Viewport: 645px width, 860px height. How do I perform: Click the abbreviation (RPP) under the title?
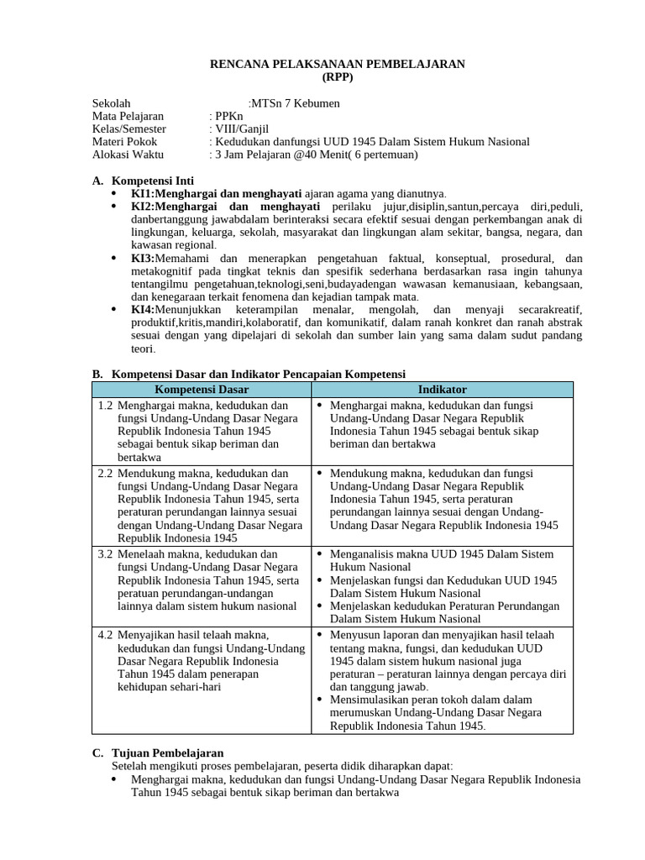tap(338, 76)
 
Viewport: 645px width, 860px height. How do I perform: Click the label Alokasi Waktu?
tap(128, 155)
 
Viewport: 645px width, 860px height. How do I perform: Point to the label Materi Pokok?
tap(125, 142)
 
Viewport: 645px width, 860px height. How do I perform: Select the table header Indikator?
tap(442, 390)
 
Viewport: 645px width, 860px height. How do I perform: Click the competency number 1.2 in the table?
tap(105, 406)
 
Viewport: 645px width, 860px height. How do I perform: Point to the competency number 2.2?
tap(105, 474)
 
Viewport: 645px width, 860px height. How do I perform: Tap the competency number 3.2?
tap(105, 554)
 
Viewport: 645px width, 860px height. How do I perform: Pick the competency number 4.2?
tap(105, 634)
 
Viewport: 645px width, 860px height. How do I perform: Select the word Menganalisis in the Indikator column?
tap(362, 554)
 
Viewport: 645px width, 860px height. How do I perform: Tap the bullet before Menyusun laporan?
tap(321, 634)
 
